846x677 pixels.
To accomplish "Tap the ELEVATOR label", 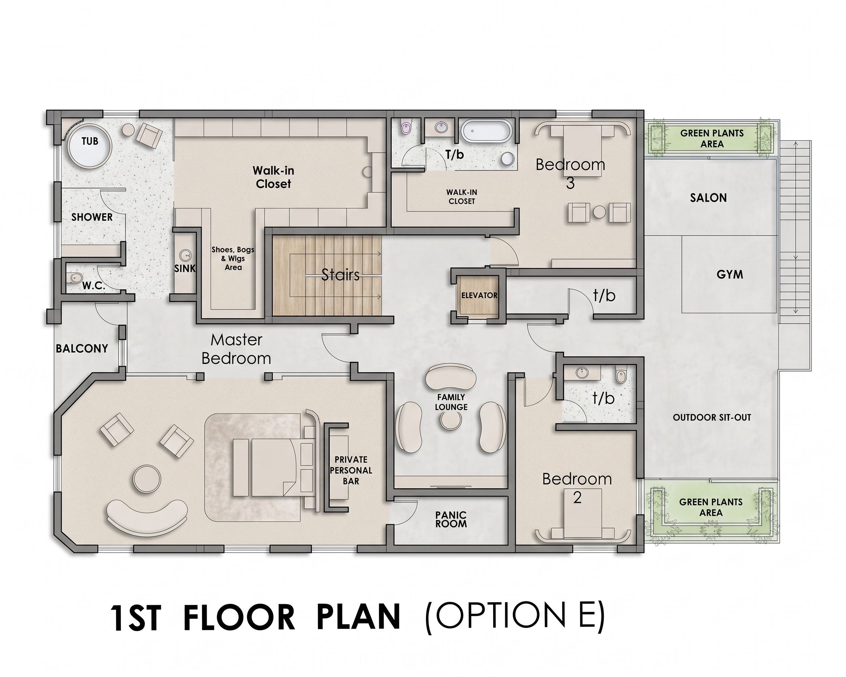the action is [x=479, y=295].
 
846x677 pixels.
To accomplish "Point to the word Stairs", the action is [x=340, y=275].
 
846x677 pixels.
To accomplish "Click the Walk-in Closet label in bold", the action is [x=274, y=177].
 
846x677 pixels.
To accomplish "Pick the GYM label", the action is [x=730, y=275].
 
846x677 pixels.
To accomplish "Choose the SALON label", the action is [x=708, y=198].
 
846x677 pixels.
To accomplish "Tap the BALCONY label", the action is [x=82, y=349].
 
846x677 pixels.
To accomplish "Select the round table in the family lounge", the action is [x=451, y=421].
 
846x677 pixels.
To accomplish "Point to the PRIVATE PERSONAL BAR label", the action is [x=351, y=470].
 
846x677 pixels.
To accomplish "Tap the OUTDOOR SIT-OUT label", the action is [x=712, y=417].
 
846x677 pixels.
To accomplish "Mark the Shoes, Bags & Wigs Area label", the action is [x=233, y=258].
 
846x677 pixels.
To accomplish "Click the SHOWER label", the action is [x=92, y=217].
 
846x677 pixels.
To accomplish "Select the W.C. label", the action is [x=93, y=286].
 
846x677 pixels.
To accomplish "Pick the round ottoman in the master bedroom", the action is [x=147, y=478].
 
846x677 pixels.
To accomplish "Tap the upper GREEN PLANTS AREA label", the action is [x=712, y=138].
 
